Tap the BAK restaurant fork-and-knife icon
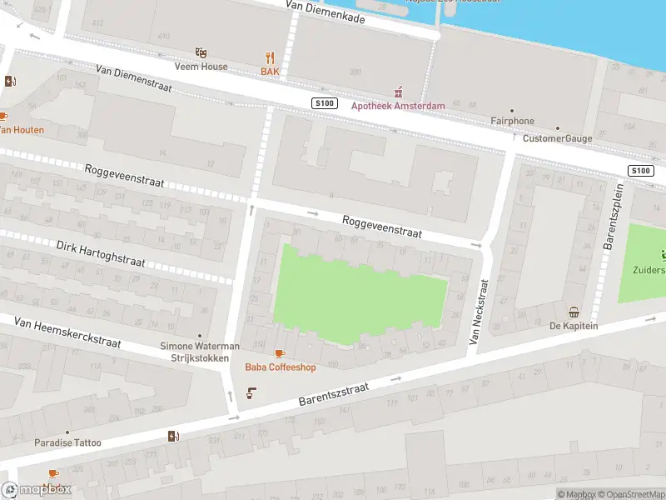[x=270, y=57]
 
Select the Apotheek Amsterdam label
[x=398, y=106]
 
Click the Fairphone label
[x=512, y=121]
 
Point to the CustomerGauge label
[x=556, y=138]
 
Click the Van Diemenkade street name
[x=325, y=11]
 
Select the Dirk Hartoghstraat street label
[x=101, y=254]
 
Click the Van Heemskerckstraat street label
[x=67, y=332]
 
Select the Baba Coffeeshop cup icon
[x=279, y=353]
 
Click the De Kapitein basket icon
[x=574, y=312]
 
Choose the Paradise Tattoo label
[x=67, y=442]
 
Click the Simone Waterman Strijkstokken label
[x=200, y=352]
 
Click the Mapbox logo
[x=37, y=490]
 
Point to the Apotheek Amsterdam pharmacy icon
[x=398, y=92]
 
